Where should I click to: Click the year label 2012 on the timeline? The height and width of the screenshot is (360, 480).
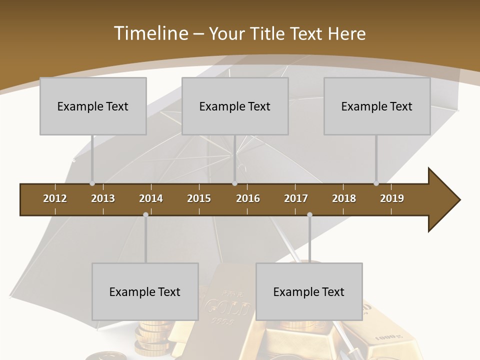55,198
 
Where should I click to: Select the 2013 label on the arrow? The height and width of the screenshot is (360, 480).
103,198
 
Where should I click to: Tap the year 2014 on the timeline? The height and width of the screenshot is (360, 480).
151,198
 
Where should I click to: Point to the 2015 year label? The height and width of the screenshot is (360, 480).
199,198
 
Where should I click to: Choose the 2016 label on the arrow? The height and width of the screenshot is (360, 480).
248,198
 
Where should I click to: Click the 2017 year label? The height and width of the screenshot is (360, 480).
296,198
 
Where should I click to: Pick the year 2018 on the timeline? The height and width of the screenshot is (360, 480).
344,198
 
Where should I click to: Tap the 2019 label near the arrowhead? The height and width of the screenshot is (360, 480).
392,198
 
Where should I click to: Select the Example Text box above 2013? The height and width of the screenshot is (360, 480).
93,106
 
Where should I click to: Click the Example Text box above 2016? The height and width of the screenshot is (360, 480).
235,106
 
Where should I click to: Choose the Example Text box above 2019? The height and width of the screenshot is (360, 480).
377,106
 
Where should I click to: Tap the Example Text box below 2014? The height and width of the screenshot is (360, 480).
145,291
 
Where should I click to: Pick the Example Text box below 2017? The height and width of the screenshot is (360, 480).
309,291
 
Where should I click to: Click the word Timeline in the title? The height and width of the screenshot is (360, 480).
150,33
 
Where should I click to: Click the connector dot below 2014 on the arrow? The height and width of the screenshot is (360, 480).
145,214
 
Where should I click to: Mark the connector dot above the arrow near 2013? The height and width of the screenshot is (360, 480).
92,183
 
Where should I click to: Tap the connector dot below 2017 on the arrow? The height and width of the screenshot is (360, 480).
309,214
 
